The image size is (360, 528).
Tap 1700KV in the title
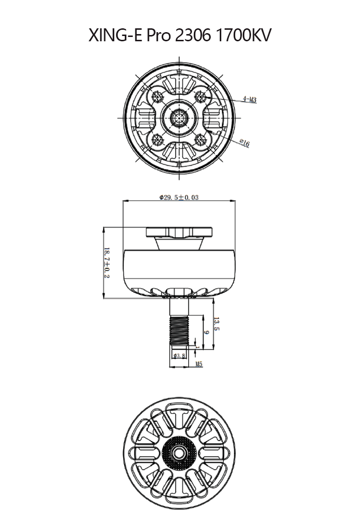[x=245, y=36]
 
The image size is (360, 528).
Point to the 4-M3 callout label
[x=250, y=99]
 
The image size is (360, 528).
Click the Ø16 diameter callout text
[x=244, y=142]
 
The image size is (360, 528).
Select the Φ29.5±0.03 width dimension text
[x=179, y=197]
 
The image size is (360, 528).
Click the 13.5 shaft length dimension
[x=217, y=324]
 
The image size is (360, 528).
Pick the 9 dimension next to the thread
[x=206, y=332]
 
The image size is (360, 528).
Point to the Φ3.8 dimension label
[x=180, y=356]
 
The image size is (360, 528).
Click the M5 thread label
[x=199, y=364]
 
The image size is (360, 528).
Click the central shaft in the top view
[x=180, y=118]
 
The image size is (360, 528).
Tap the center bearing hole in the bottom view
[x=180, y=452]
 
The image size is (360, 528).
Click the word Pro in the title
[x=159, y=36]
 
